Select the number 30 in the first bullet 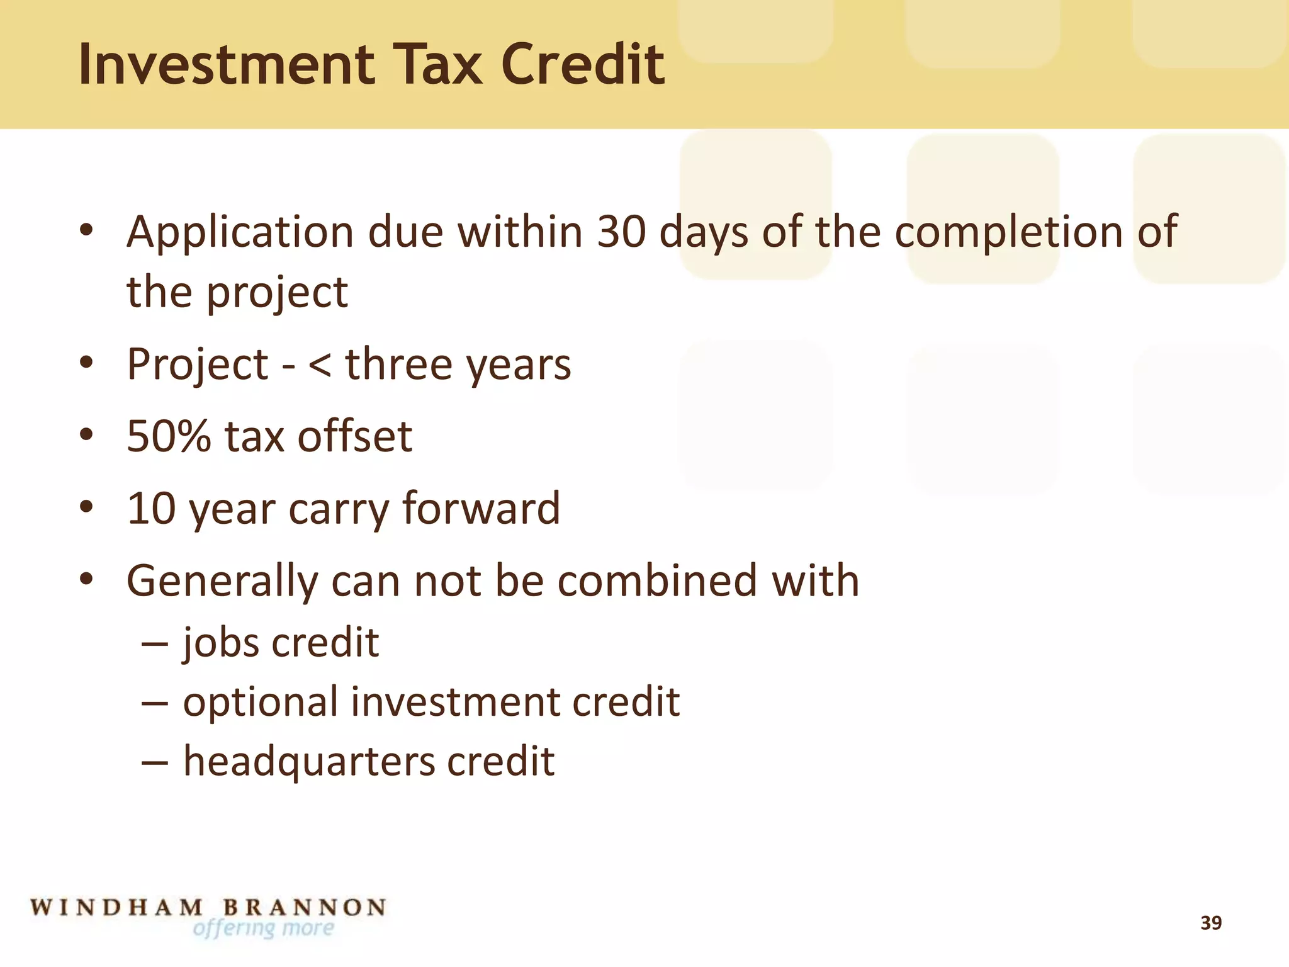621,232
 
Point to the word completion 1009,233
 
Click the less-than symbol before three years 319,365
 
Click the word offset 354,436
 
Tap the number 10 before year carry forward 151,508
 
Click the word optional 261,702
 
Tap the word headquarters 308,762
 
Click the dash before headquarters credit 155,762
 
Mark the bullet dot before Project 86,363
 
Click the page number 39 1211,923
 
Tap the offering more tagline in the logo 263,929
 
